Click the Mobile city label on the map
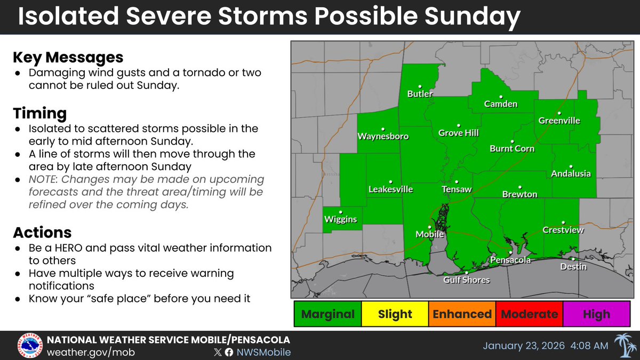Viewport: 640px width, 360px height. (430, 234)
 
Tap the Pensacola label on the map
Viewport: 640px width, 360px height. (510, 260)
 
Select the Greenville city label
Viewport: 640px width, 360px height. (559, 121)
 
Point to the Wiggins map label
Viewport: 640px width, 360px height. (340, 219)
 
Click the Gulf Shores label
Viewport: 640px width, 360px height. (467, 279)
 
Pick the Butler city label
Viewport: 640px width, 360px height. (420, 94)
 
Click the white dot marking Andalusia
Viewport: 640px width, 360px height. (571, 166)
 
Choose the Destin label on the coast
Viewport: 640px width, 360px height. (573, 266)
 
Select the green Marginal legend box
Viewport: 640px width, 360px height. (327, 314)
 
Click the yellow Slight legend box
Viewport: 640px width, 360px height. (395, 314)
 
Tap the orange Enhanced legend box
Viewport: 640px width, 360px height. (462, 314)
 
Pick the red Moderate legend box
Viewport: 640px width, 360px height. (529, 314)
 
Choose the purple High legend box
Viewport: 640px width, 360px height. (596, 314)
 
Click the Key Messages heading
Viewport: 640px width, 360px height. (68, 58)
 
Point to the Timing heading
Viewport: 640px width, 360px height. (40, 114)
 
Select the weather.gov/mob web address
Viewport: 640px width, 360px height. (90, 352)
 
